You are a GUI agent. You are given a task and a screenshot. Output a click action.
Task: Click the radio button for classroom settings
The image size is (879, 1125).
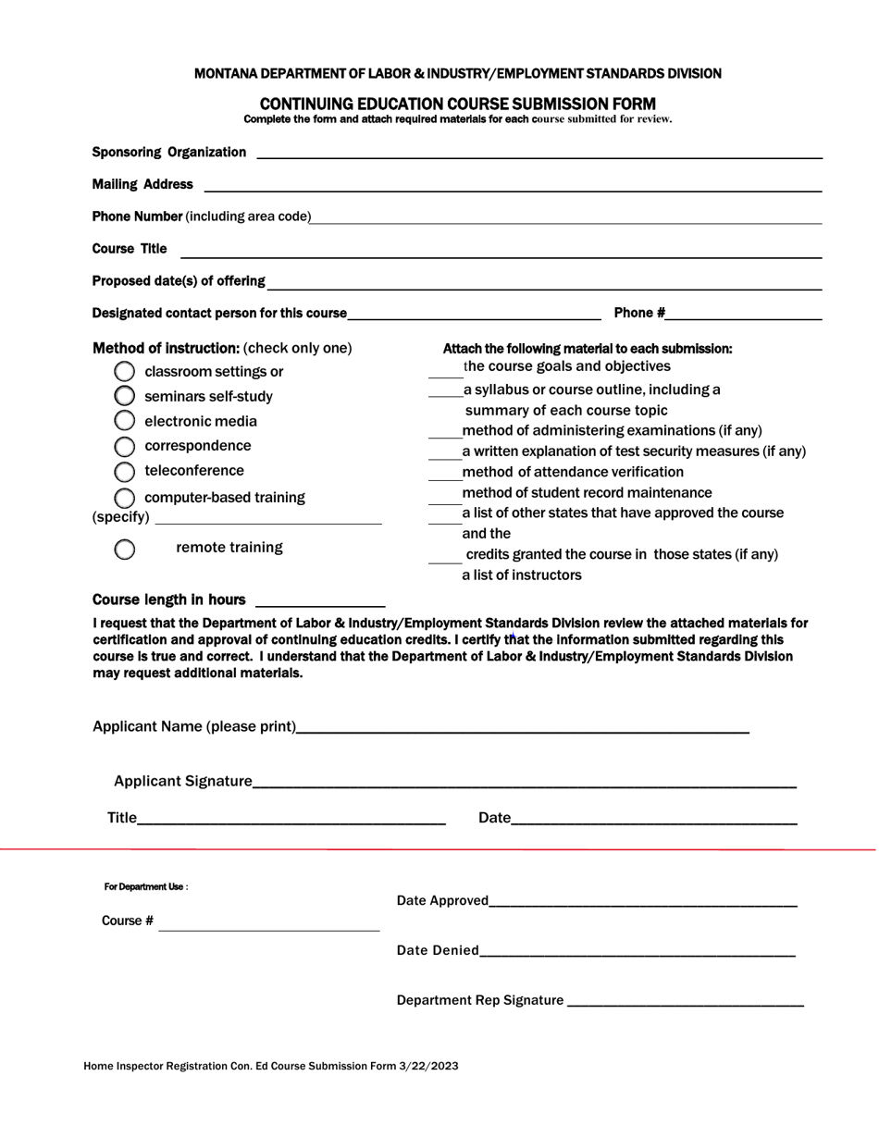click(x=124, y=372)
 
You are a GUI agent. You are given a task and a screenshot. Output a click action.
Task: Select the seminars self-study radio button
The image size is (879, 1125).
click(x=124, y=396)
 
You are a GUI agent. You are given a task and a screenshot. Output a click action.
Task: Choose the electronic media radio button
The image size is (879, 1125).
click(x=124, y=421)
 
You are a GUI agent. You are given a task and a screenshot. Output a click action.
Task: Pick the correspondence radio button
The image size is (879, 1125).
click(x=124, y=446)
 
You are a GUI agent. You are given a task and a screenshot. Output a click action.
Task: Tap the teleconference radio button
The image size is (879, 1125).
click(x=124, y=471)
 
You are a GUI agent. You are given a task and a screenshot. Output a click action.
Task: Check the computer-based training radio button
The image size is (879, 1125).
click(x=124, y=498)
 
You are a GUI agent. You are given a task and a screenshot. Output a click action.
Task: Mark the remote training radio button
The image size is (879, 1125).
click(x=124, y=549)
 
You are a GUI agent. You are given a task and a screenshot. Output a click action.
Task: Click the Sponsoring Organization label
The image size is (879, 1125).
click(x=169, y=152)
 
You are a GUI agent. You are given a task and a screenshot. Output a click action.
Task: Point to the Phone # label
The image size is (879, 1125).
click(x=639, y=313)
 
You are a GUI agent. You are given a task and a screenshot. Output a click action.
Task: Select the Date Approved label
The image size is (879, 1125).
click(x=442, y=900)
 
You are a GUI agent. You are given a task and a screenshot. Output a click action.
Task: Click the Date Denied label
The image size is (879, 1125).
click(x=438, y=950)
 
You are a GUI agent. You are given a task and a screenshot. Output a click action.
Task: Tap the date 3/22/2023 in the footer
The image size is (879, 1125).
click(x=428, y=1066)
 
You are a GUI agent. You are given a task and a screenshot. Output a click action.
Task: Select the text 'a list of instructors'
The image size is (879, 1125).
click(x=522, y=575)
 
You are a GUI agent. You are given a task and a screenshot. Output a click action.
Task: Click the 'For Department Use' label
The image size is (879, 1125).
click(x=145, y=887)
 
